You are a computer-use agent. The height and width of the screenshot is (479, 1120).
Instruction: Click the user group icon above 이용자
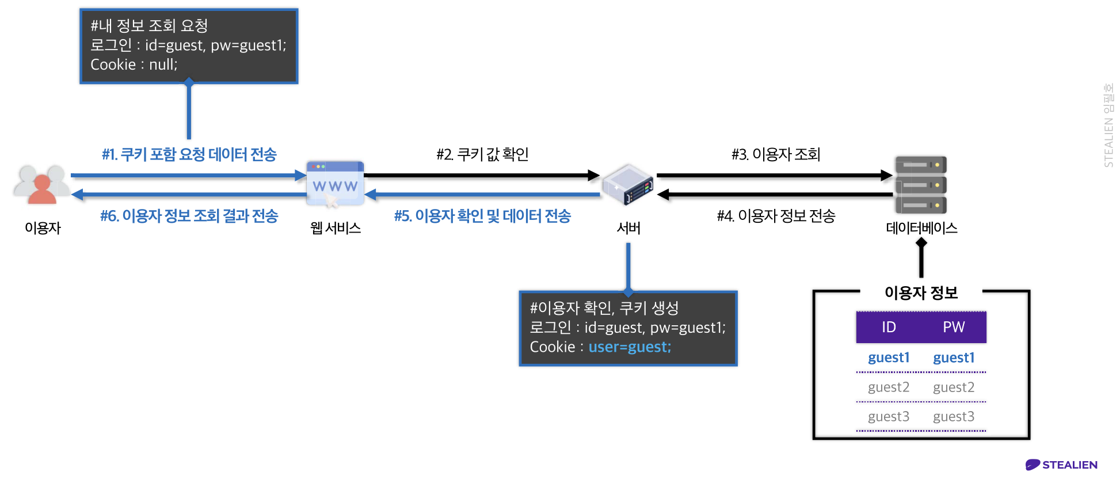click(x=41, y=184)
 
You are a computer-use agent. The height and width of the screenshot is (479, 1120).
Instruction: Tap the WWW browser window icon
click(x=335, y=183)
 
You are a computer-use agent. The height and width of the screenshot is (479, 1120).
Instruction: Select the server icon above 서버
click(x=628, y=184)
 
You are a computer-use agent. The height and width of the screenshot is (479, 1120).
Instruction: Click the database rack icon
click(x=921, y=185)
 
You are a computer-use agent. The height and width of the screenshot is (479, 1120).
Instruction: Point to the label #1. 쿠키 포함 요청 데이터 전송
click(x=189, y=154)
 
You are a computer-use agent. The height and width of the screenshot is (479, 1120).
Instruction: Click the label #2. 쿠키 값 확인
click(x=482, y=154)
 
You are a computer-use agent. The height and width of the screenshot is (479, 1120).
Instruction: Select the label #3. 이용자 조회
click(x=776, y=154)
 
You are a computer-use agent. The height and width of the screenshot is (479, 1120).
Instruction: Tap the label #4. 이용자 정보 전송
click(x=776, y=216)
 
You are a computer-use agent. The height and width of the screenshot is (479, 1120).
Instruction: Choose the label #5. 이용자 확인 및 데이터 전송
click(x=482, y=216)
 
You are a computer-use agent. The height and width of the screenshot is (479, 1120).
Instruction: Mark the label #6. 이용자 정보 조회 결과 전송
click(x=189, y=216)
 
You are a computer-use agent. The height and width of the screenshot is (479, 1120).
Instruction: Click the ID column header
click(x=889, y=327)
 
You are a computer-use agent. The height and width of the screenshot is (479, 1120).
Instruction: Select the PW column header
click(x=954, y=327)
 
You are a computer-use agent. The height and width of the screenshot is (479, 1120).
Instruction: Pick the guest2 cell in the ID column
click(x=889, y=387)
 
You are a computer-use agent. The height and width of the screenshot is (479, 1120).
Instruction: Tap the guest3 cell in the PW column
click(x=954, y=417)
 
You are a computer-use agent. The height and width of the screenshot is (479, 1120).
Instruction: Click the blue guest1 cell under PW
click(x=954, y=358)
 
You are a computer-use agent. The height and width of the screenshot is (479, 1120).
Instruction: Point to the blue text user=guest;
click(x=630, y=347)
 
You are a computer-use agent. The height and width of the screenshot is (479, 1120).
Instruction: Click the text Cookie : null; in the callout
click(x=134, y=64)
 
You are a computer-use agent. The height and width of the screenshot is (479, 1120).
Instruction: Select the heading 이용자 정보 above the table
click(x=921, y=292)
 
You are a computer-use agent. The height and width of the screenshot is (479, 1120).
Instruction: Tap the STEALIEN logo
click(x=1062, y=465)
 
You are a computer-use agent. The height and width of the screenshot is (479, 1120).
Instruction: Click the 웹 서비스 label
click(x=336, y=228)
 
